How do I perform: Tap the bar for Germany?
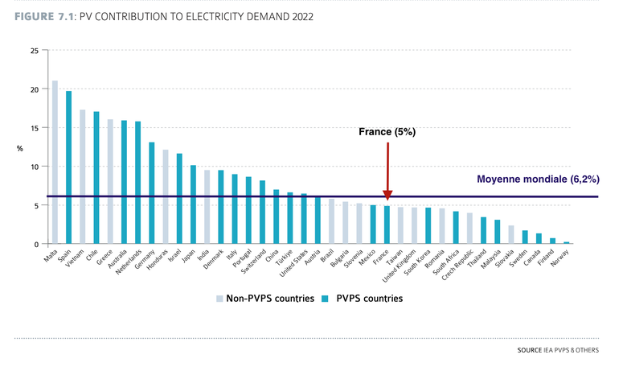point(151,193)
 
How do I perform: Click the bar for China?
point(276,216)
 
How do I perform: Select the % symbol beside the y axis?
point(20,148)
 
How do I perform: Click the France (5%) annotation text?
point(387,131)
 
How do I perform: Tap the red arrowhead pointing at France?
point(387,195)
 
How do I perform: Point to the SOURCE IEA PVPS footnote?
point(554,352)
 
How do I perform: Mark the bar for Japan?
point(193,204)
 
